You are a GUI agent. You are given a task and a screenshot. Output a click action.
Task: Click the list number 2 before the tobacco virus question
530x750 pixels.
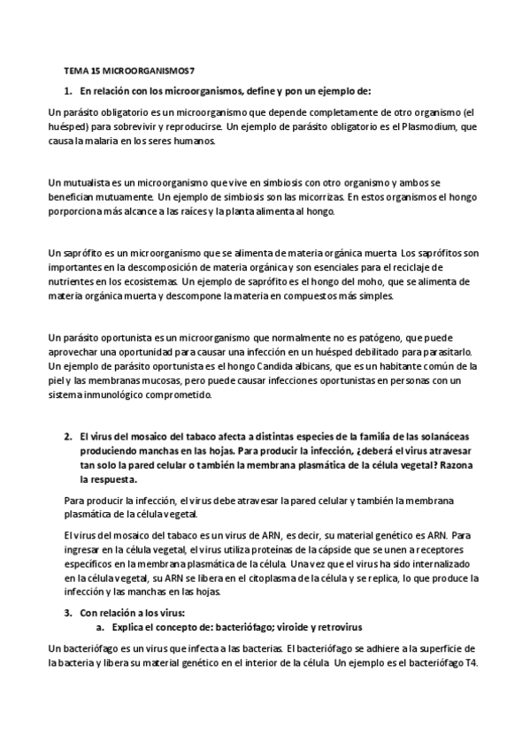(68, 436)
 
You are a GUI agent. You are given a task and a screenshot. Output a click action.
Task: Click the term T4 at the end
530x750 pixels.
(471, 663)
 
